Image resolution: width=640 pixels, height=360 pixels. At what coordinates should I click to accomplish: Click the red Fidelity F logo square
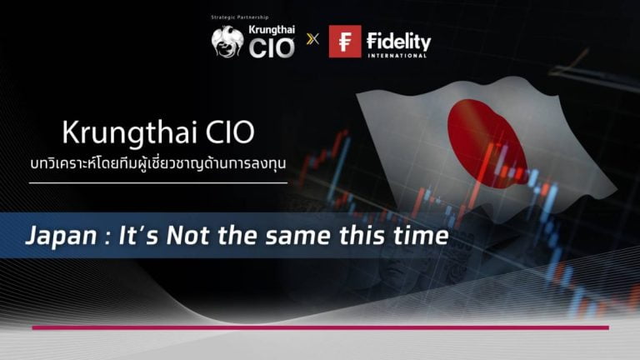tap(345, 41)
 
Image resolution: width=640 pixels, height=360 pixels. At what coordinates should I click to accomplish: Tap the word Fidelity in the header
tap(398, 41)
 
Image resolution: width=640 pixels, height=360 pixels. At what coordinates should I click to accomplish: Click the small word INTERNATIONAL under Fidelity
tap(397, 55)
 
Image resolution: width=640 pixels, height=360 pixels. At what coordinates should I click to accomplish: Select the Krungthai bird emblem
tap(227, 42)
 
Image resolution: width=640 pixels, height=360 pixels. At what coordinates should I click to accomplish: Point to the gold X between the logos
tap(312, 39)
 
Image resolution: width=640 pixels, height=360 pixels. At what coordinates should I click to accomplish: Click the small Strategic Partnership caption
tap(240, 17)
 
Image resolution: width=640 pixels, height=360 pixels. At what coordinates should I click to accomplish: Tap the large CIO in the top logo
tap(272, 47)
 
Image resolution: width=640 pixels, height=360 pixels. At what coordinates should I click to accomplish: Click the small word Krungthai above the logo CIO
tap(272, 30)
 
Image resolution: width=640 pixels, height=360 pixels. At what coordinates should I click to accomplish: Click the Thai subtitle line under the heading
tap(158, 164)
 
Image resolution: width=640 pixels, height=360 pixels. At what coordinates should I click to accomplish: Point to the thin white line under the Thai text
tap(158, 182)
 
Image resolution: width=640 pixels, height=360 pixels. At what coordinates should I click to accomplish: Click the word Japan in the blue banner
tap(61, 237)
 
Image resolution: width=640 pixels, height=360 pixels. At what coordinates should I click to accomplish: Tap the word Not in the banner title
tap(188, 236)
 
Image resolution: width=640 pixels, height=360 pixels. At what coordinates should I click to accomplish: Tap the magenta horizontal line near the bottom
tap(320, 327)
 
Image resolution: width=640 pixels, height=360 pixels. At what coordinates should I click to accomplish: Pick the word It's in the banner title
tap(138, 236)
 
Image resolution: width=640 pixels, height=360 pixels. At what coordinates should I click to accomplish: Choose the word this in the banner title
tap(362, 236)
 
